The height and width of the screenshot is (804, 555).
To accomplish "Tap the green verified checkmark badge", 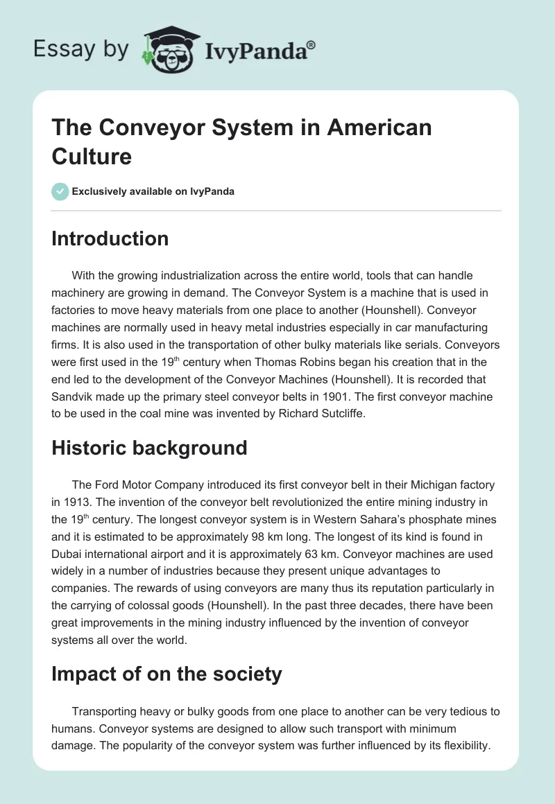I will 60,191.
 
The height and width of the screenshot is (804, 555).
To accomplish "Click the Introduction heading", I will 110,238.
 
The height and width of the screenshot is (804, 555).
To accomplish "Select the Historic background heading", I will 149,448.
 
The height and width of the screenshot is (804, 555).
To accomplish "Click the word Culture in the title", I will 92,156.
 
